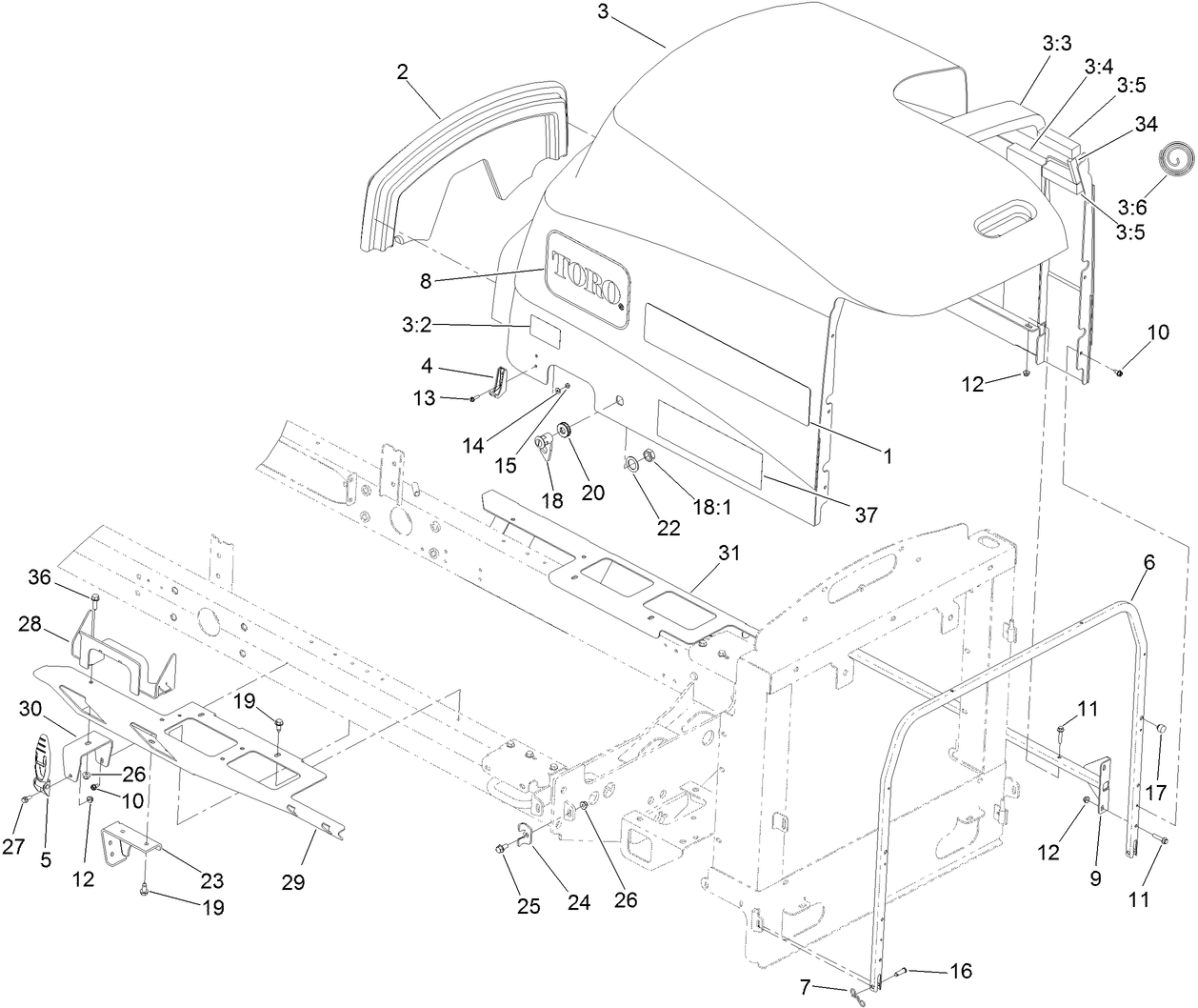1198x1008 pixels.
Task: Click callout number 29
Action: coord(293,882)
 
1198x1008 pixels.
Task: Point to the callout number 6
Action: coord(1148,562)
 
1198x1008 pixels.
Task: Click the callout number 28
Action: coord(30,623)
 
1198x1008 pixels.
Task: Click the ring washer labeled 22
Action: coord(629,464)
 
